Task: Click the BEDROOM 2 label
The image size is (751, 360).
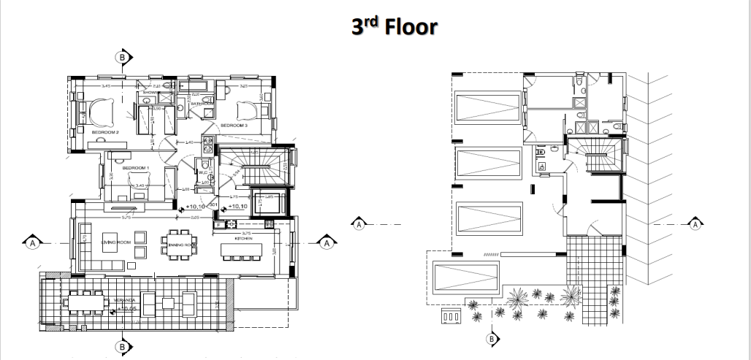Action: [x=105, y=132]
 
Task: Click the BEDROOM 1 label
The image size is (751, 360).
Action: [x=135, y=168]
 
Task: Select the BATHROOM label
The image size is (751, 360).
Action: [x=202, y=104]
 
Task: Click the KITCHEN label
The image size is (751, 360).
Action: [x=243, y=239]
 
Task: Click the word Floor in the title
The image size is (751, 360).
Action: [x=406, y=28]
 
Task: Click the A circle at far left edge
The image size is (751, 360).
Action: [x=32, y=241]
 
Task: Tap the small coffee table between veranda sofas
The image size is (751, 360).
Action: [x=168, y=302]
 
